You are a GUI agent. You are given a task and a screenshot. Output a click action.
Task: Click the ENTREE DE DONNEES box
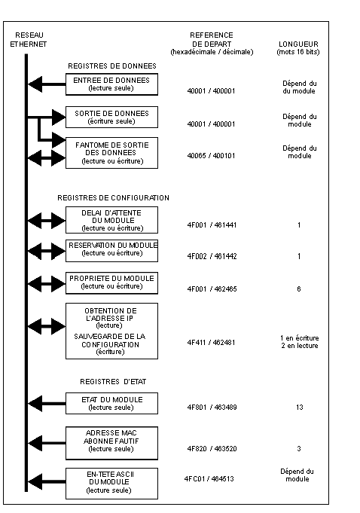pos(111,84)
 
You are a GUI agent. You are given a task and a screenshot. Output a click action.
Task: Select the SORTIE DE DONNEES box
pos(111,117)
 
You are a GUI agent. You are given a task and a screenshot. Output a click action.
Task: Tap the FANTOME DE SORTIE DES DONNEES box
pos(111,153)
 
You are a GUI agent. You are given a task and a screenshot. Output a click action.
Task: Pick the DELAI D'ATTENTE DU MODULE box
pos(111,220)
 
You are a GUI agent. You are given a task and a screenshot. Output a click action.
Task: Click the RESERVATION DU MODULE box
pos(111,251)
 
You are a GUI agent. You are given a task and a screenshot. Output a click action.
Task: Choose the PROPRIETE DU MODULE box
pos(111,283)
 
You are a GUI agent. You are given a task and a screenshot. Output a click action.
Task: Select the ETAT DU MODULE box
pos(111,404)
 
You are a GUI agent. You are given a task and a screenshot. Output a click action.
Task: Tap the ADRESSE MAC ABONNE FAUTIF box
pos(111,443)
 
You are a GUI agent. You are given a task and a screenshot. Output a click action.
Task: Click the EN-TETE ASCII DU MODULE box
pos(111,484)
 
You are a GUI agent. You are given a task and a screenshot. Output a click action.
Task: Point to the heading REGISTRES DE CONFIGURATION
pos(113,198)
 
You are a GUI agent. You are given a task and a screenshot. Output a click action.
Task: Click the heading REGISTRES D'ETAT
pos(113,382)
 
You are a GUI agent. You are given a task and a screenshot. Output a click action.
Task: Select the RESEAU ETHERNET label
pos(29,40)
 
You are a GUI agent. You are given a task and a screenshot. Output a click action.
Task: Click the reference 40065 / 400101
pos(211,156)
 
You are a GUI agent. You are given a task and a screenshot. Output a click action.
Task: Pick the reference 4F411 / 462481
pos(211,343)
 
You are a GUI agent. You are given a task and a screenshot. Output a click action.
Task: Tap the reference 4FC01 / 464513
pos(209,479)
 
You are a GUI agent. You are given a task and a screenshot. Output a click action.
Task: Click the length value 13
pos(300,408)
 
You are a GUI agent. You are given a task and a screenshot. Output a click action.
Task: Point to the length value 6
pos(299,289)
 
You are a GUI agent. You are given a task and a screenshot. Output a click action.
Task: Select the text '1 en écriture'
pos(300,338)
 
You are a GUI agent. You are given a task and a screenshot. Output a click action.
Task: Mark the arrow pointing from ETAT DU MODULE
pos(47,404)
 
